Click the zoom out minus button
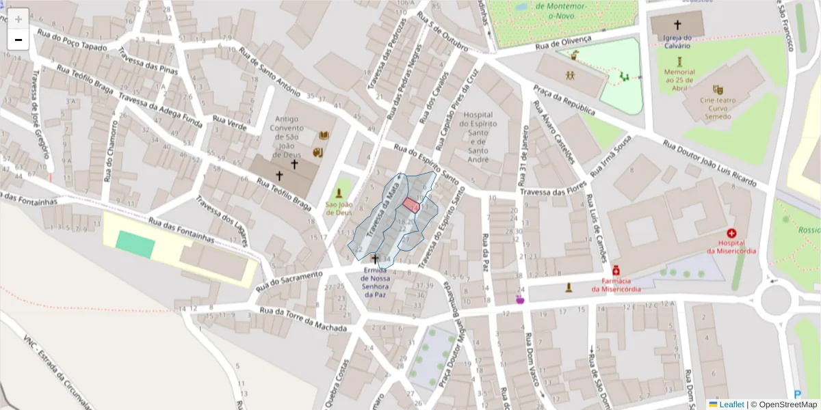point(18,40)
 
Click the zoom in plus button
point(18,19)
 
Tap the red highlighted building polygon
point(410,205)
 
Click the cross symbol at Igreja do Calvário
point(677,25)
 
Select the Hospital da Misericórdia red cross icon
point(731,234)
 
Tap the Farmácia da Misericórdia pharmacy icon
point(616,270)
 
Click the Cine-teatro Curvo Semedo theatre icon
point(717,90)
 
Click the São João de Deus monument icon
point(339,193)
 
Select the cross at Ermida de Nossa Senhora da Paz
point(374,259)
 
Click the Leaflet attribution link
point(731,404)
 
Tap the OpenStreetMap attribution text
point(784,404)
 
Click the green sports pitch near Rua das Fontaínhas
point(135,245)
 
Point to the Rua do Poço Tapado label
point(73,40)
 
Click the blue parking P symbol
point(798,394)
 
